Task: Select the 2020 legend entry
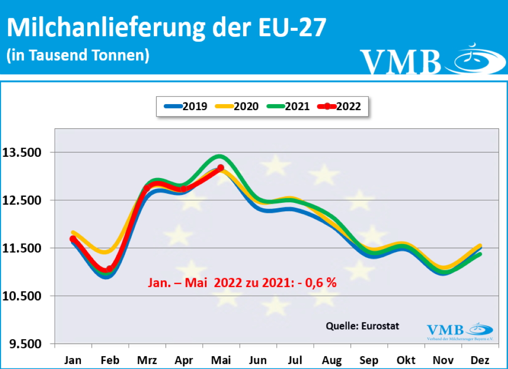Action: pos(237,106)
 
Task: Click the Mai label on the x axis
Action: pos(221,360)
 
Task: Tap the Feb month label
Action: pos(110,360)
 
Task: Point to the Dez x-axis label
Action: pos(481,360)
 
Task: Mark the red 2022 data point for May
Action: pos(221,168)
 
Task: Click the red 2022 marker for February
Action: pos(110,269)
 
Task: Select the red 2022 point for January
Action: pos(73,239)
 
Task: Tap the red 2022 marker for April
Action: pos(184,188)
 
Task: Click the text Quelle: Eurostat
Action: pos(362,326)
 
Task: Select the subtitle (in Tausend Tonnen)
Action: pos(78,55)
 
